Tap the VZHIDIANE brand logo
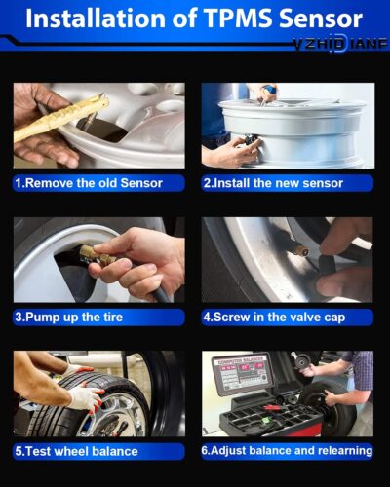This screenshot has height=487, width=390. pos(339,44)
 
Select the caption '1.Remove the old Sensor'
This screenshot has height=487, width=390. pos(88,182)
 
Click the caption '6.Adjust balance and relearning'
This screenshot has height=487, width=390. pos(288,451)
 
